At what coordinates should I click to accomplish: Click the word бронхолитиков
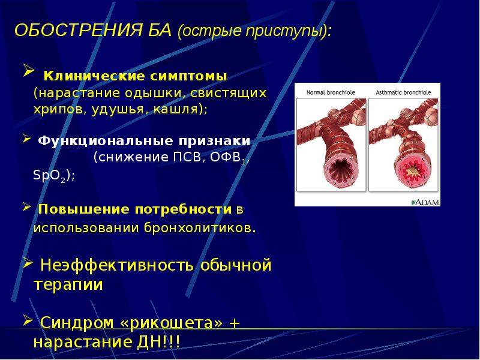196,229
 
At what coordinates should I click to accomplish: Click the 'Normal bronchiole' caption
331,92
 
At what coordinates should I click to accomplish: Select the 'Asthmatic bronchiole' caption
404,92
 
